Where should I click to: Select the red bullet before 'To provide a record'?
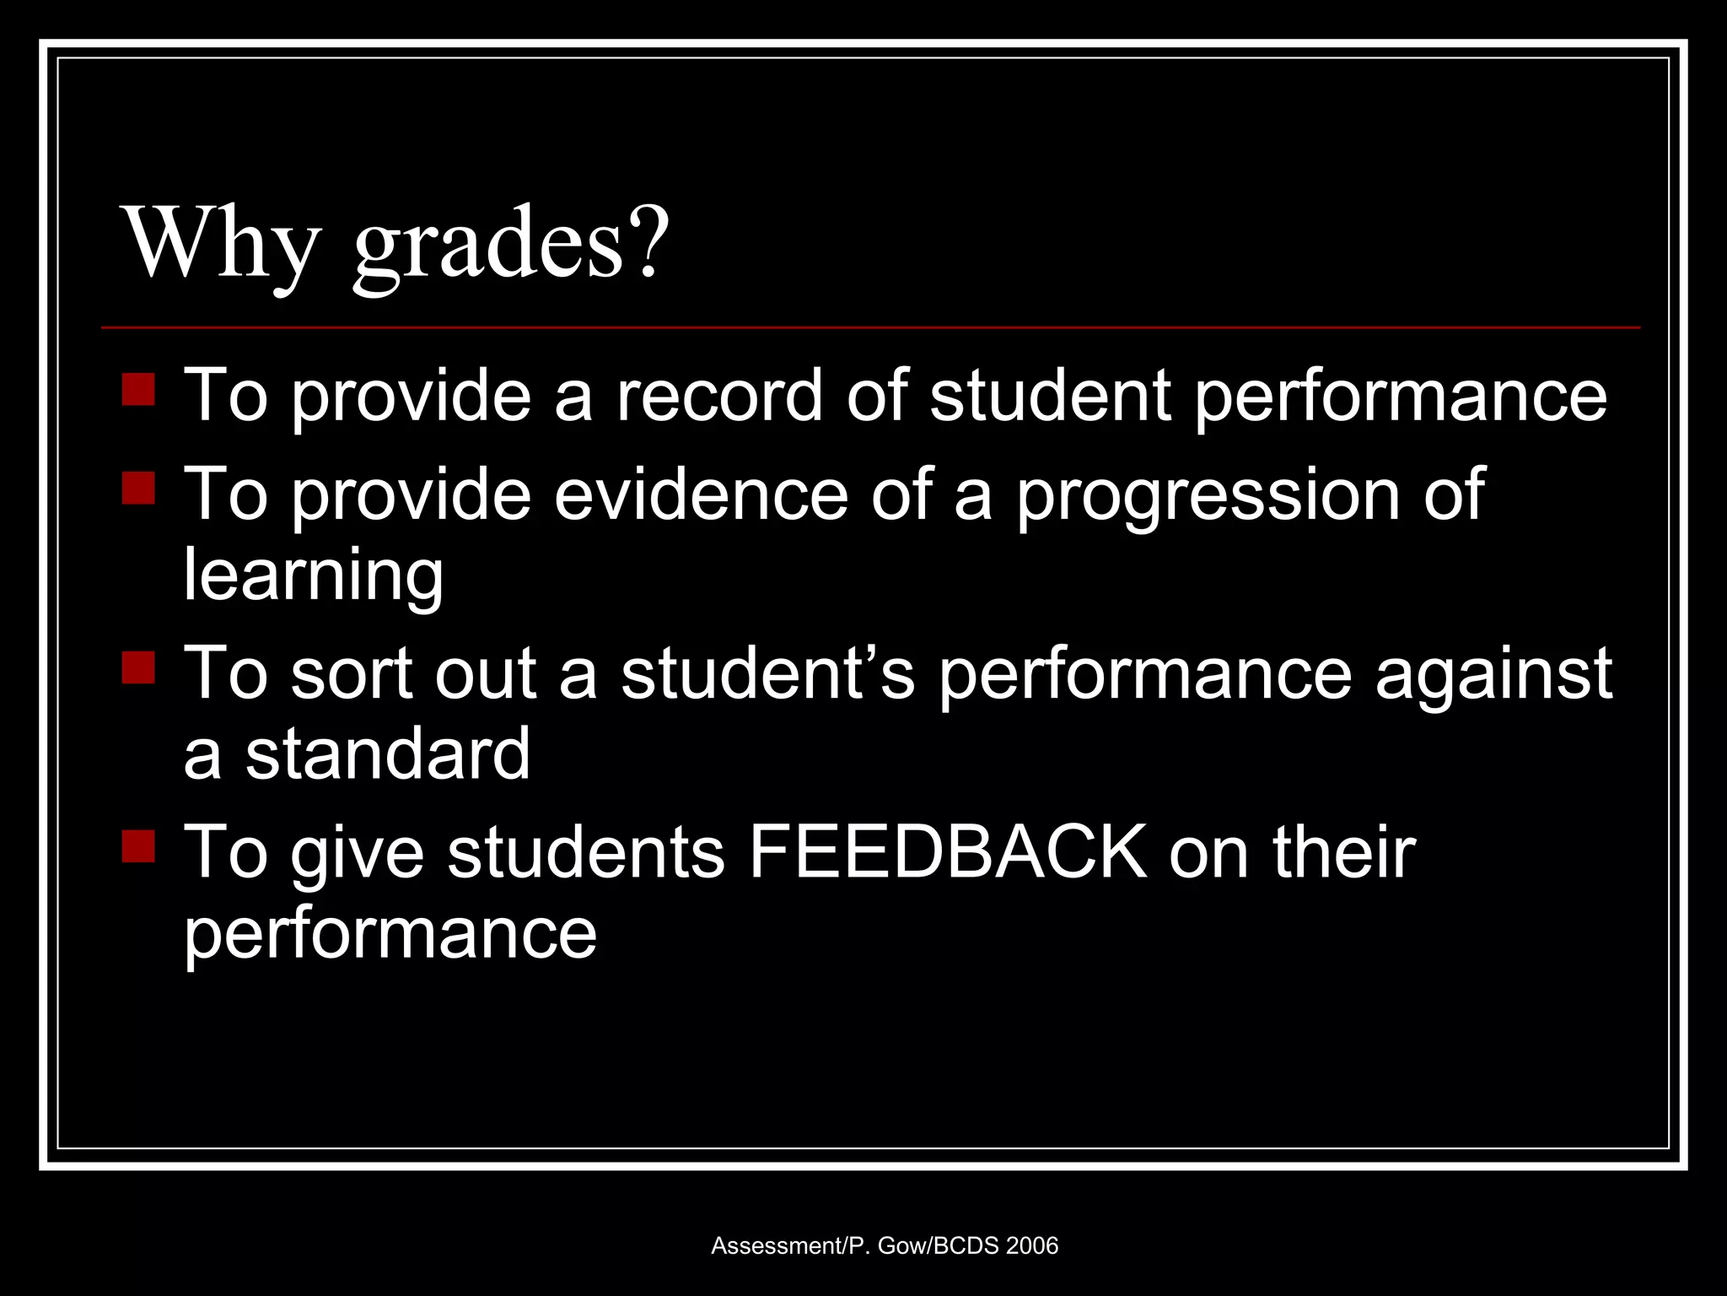(138, 390)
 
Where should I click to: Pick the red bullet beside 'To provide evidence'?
(138, 488)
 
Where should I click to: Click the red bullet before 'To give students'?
(138, 846)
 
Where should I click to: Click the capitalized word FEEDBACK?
(948, 852)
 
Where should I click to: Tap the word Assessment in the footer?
(776, 1246)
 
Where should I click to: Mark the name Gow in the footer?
(901, 1246)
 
